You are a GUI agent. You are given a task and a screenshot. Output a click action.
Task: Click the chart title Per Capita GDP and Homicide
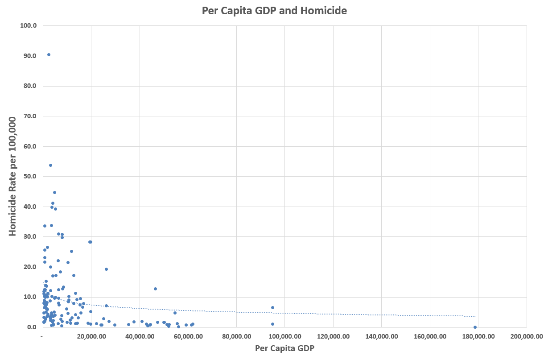274,11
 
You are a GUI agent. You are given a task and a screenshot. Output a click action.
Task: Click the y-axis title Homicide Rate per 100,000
12,176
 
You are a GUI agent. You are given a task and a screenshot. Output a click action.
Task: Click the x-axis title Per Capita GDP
284,348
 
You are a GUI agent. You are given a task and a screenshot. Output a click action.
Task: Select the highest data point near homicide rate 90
49,55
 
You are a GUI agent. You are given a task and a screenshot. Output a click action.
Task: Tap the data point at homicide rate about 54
50,165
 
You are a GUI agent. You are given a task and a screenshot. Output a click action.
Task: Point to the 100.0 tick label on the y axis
29,25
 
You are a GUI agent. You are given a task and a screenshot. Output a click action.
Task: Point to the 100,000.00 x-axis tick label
284,336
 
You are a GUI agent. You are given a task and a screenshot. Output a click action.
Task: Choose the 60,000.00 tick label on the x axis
188,336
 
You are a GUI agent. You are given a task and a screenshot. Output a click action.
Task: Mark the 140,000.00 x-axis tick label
381,336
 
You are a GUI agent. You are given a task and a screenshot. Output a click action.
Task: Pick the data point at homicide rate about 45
54,193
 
